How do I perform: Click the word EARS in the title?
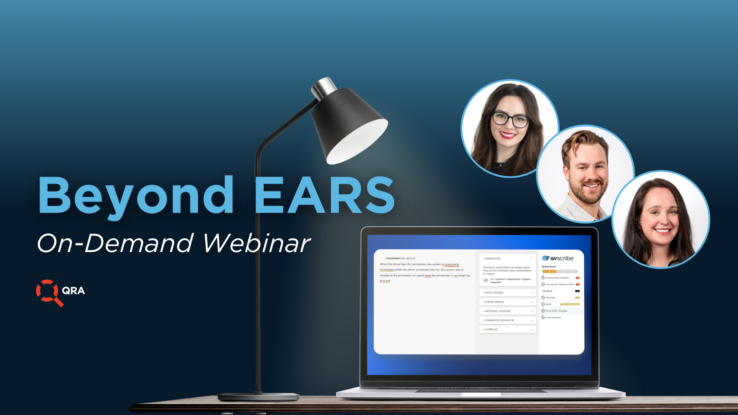click(x=324, y=195)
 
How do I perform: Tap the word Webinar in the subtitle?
click(x=256, y=243)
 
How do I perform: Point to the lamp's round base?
click(x=258, y=397)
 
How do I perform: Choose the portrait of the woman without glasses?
click(x=660, y=220)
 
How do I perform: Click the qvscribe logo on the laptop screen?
click(x=558, y=258)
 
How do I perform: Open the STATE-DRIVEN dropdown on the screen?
click(x=507, y=293)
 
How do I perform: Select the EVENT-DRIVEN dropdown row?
click(x=507, y=302)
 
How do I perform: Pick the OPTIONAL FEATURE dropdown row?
click(x=507, y=311)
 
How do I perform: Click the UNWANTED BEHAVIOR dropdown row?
click(x=507, y=320)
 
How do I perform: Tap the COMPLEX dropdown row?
click(x=507, y=330)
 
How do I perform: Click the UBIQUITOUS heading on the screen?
click(x=493, y=259)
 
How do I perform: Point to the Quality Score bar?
click(x=560, y=271)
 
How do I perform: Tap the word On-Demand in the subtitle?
click(x=115, y=243)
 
